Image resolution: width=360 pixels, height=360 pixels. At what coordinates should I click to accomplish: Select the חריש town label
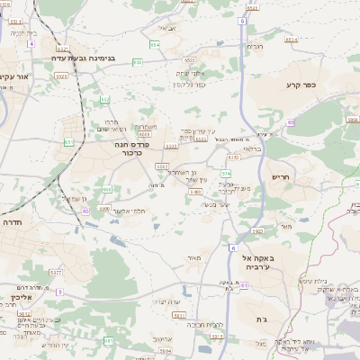(282, 177)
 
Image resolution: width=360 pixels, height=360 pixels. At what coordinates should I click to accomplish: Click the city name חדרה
(12, 221)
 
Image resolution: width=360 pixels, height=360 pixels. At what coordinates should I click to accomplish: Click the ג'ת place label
(249, 319)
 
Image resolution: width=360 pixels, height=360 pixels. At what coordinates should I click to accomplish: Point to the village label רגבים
(255, 46)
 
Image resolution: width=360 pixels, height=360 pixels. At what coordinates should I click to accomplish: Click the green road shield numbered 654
(155, 43)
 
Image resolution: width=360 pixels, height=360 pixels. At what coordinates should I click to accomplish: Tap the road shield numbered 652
(105, 99)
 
